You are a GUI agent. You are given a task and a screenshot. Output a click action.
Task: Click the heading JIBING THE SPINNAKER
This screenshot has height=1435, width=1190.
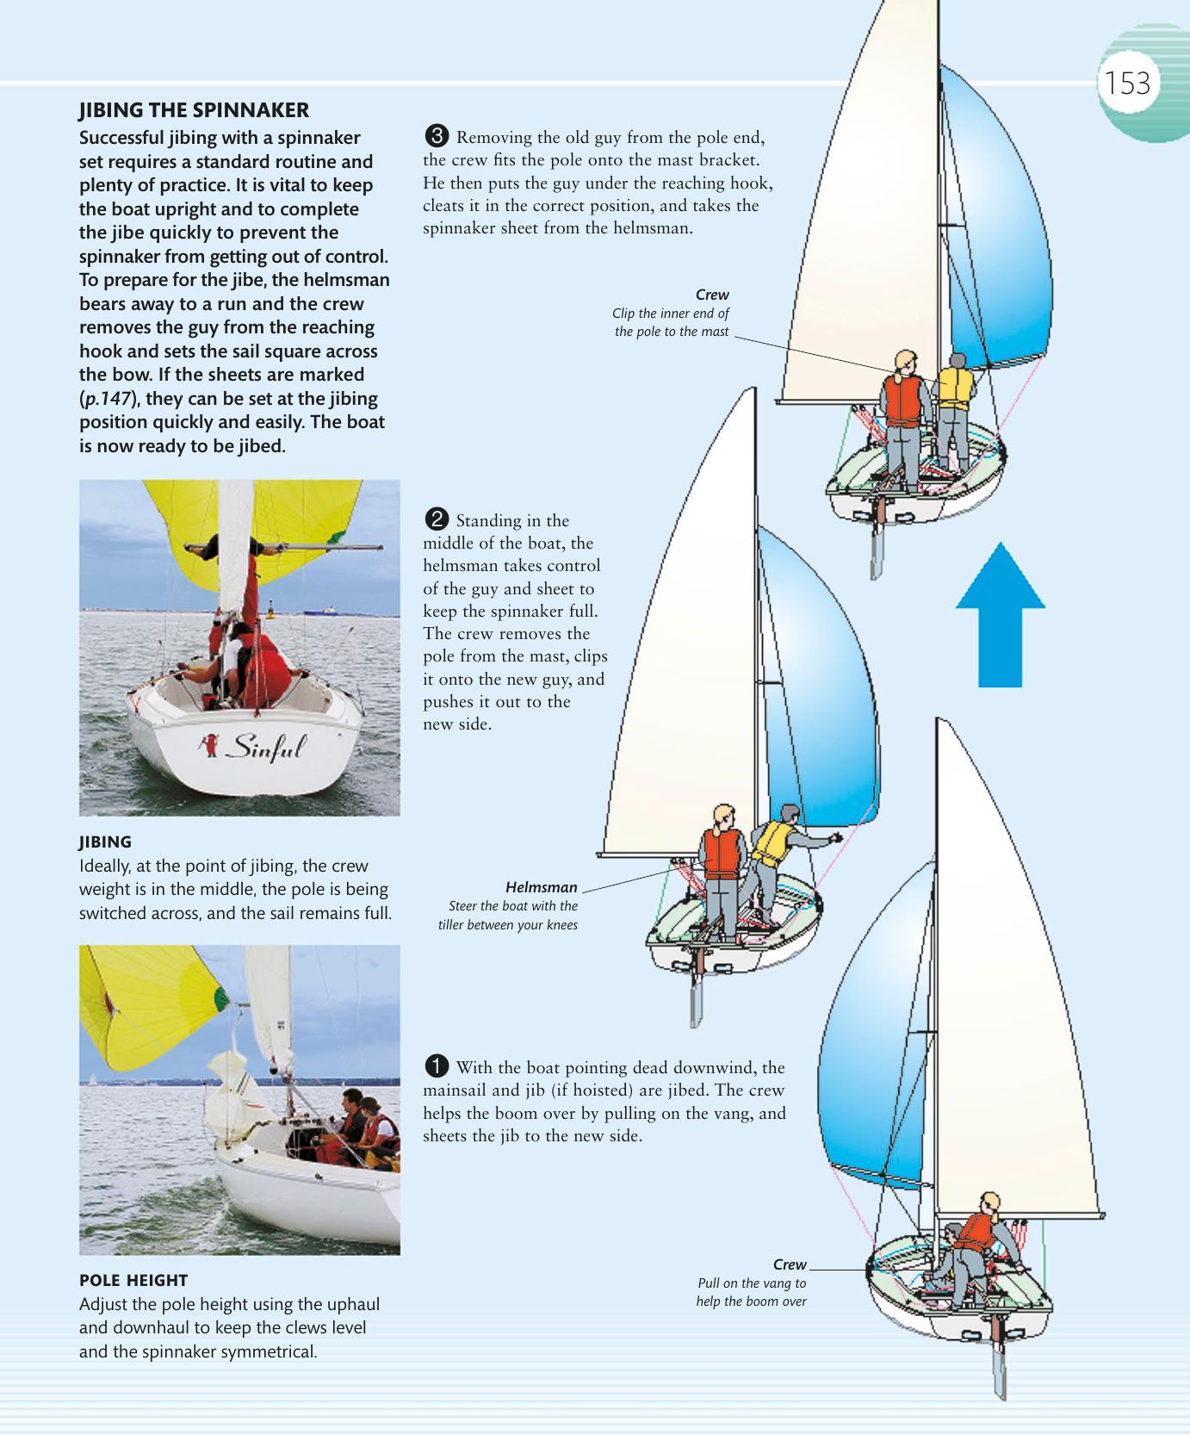point(194,110)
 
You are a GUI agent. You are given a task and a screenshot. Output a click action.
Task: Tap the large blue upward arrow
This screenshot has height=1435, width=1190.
point(1000,613)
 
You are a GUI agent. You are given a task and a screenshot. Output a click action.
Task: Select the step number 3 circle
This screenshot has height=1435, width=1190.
point(437,136)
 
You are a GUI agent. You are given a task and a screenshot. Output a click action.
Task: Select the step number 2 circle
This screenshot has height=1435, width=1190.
point(437,519)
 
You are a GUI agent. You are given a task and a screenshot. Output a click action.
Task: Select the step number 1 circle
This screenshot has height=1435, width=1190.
point(437,1066)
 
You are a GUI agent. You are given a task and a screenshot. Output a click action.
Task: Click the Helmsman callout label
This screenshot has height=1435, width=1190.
point(541,887)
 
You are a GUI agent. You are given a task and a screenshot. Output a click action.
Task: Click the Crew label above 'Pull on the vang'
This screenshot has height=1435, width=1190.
point(789,1264)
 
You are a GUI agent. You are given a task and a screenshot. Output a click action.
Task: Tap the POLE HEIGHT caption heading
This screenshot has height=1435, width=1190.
point(133,1280)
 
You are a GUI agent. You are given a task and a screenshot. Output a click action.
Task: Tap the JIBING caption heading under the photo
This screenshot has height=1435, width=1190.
point(105,842)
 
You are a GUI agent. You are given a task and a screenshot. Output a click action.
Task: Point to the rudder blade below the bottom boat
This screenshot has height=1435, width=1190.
point(999,1370)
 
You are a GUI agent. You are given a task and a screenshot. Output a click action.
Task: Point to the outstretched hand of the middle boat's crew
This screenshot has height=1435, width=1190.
point(834,837)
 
